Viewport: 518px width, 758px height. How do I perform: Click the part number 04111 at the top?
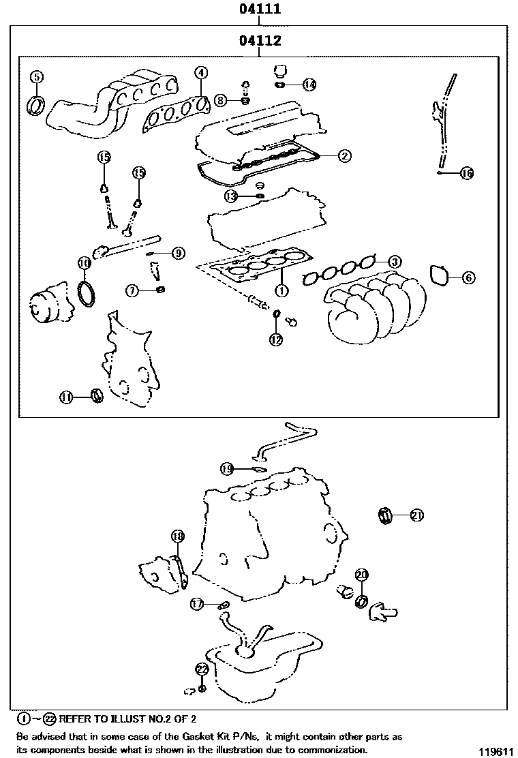[260, 10]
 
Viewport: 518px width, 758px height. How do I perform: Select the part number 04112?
[260, 42]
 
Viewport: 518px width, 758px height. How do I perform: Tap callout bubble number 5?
[37, 76]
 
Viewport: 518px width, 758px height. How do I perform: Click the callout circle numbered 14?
[309, 85]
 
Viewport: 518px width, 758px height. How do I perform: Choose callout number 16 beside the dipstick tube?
[466, 173]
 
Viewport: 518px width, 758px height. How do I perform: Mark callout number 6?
[468, 277]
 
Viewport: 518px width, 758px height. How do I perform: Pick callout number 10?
[83, 263]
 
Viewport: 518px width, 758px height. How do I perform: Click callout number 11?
[66, 397]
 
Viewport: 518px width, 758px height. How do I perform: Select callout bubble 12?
[275, 339]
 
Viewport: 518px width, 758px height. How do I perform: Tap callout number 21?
[416, 515]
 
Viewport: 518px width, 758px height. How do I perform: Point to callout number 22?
[202, 669]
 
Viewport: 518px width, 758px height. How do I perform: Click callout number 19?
[227, 468]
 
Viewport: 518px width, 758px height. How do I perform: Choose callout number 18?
[177, 536]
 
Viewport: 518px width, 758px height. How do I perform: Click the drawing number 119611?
[495, 751]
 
